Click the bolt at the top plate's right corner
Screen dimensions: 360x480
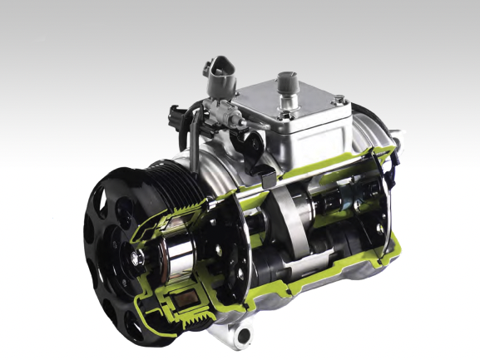[x=339, y=101]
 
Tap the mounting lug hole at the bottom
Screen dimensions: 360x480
[x=241, y=336]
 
